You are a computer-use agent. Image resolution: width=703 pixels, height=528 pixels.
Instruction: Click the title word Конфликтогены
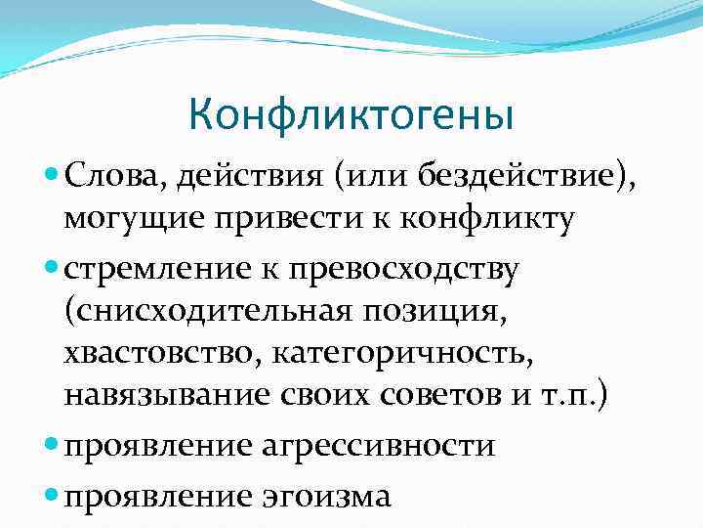click(351, 115)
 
